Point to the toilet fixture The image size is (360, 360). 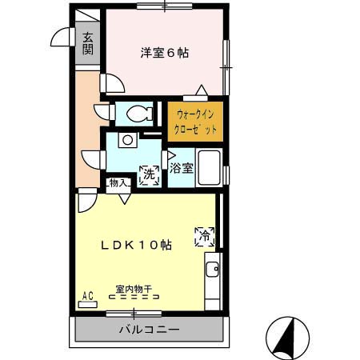137,114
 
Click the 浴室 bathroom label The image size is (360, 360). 182,168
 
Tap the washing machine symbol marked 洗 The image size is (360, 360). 149,174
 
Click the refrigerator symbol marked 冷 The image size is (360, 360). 204,236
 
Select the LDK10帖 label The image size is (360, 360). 135,246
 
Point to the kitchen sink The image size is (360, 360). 212,269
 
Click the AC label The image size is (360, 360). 87,297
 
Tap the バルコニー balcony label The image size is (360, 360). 150,330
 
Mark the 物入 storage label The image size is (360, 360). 118,183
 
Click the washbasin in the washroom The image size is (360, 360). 126,140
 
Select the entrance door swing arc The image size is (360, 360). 59,38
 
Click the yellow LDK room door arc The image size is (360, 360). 86,199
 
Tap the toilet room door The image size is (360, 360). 102,112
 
